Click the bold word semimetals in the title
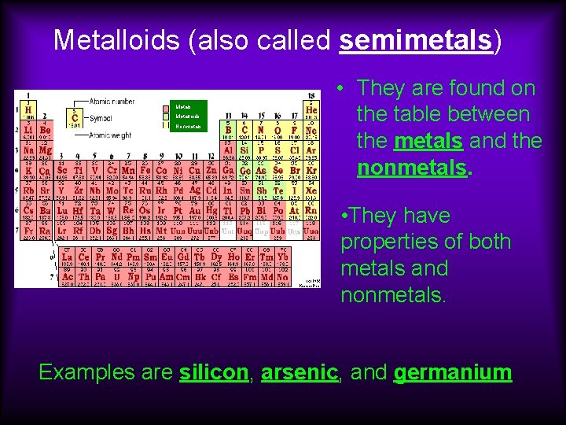[x=417, y=40]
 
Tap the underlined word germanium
[x=453, y=372]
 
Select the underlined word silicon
[x=214, y=372]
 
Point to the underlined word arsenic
[x=299, y=372]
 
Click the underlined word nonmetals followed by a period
[x=413, y=168]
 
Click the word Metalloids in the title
[x=118, y=40]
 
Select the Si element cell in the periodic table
[x=244, y=150]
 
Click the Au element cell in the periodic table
[x=195, y=211]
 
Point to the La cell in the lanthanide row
[x=68, y=257]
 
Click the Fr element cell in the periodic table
[x=28, y=231]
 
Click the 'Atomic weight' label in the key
[x=111, y=135]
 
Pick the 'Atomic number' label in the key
[x=112, y=102]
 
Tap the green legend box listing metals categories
[x=188, y=116]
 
